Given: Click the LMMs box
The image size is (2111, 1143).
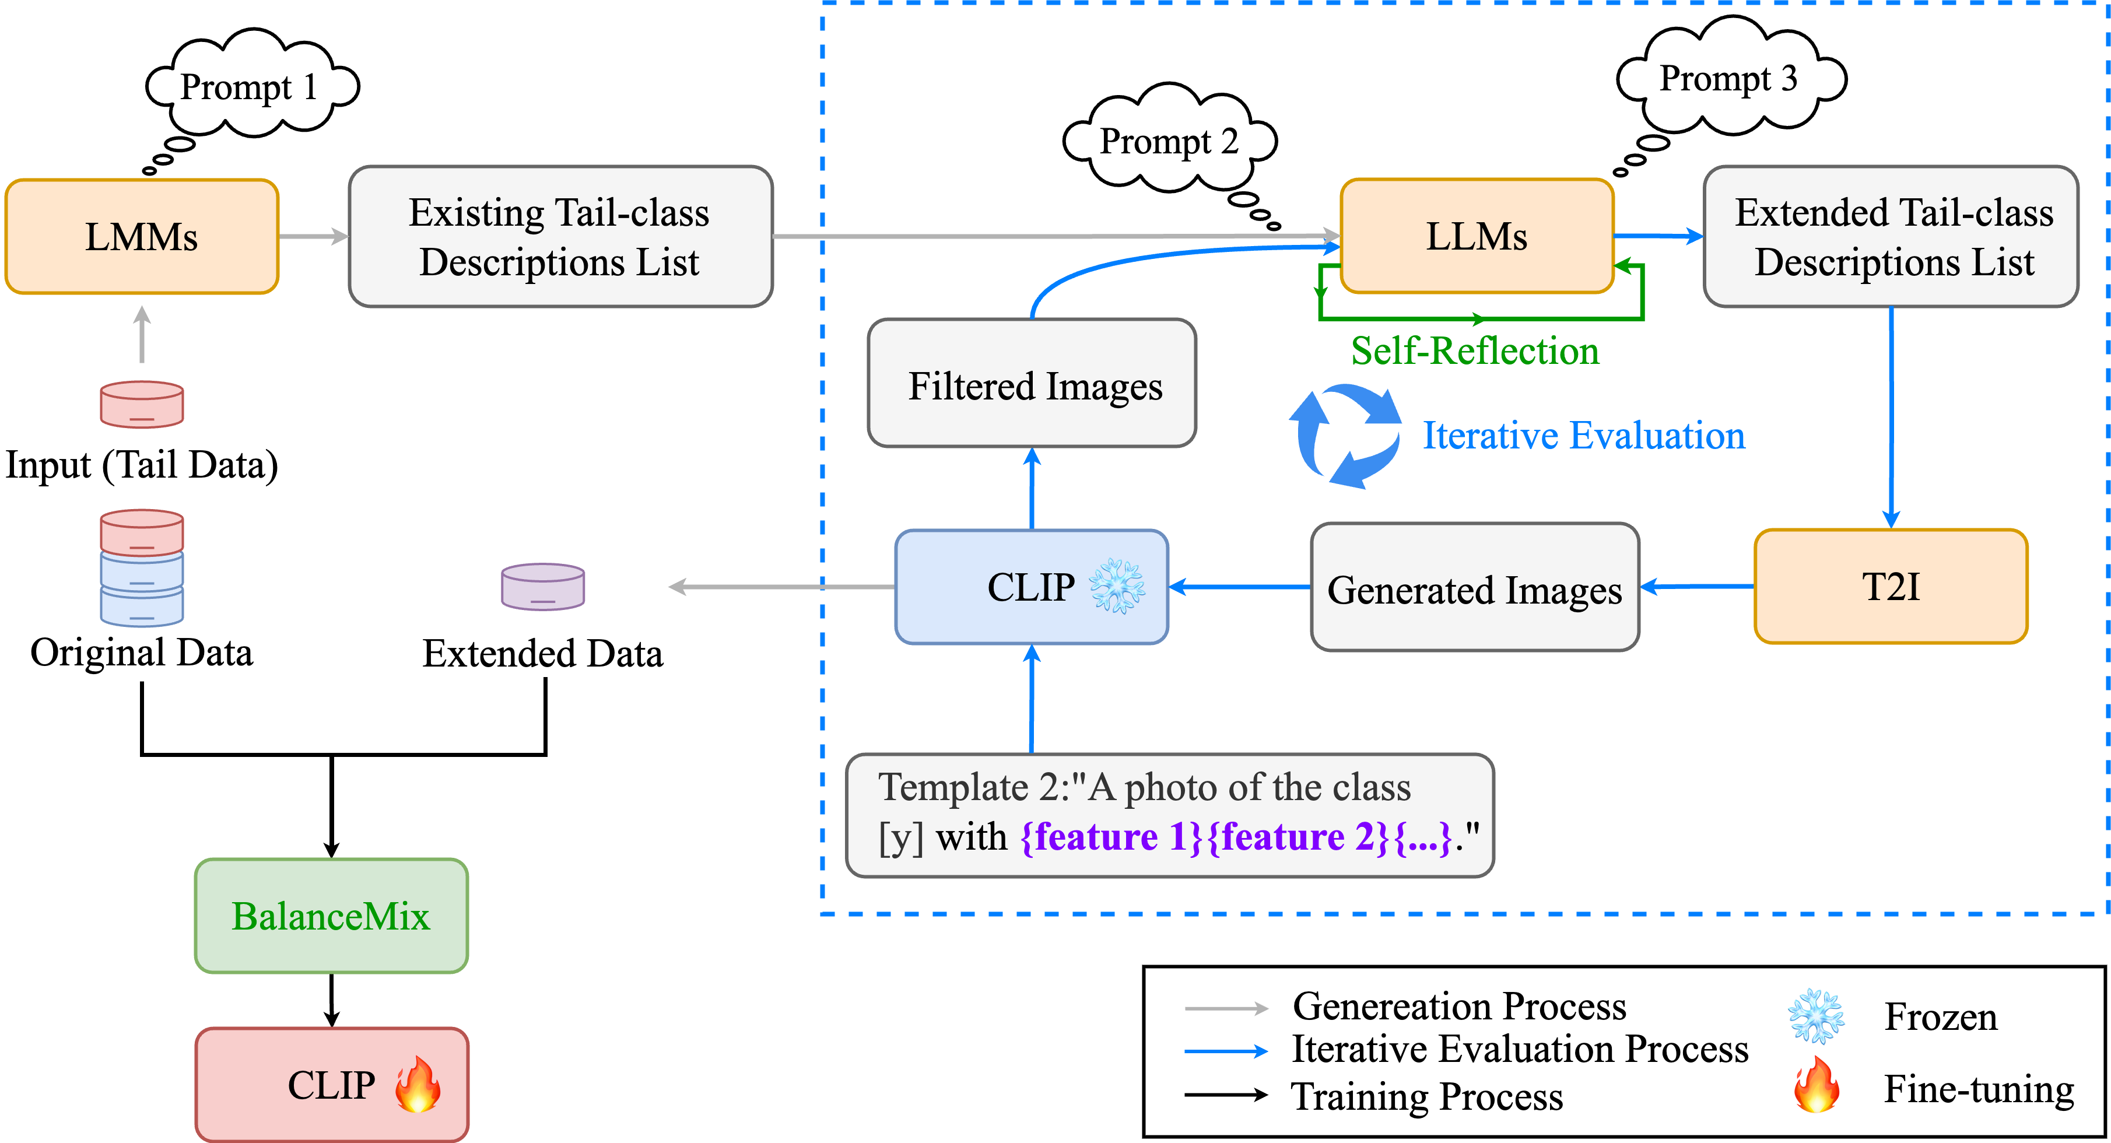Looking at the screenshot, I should point(142,237).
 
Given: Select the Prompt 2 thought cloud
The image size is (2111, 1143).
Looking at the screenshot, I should point(1169,141).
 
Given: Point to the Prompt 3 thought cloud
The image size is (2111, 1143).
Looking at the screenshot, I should point(1729,79).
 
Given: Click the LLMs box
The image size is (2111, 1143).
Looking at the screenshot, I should point(1477,236).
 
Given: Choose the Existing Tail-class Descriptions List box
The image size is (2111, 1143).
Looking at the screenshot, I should point(560,237).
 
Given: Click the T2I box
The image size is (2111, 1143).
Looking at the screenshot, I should point(1891,587).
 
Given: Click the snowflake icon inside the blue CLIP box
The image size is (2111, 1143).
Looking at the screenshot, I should point(1117,587).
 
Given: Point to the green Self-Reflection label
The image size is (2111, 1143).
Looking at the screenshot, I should point(1474,350).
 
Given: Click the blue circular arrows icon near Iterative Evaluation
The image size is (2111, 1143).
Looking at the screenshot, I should point(1345,435).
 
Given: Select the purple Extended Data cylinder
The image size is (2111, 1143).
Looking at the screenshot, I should point(542,587).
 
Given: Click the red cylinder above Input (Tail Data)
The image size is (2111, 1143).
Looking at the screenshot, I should point(142,404).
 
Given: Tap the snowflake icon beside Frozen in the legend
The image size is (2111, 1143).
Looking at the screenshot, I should point(1816,1016).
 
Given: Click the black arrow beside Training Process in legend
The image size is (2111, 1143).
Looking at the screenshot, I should point(1225,1095).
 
